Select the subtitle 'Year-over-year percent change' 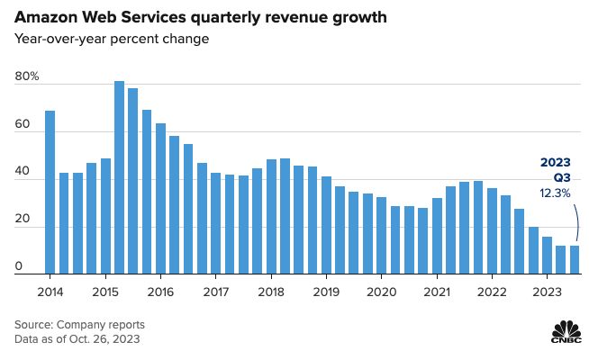111,39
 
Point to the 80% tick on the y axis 27,77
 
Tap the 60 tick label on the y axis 23,125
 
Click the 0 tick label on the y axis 19,267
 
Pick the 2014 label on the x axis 50,292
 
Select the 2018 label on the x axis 271,292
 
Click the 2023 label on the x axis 546,292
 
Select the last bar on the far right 574,260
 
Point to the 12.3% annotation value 555,193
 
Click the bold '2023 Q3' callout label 555,170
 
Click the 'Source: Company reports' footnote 79,324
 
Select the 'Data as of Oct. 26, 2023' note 77,339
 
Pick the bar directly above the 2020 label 381,236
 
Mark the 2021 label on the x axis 437,292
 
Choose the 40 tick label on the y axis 23,173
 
